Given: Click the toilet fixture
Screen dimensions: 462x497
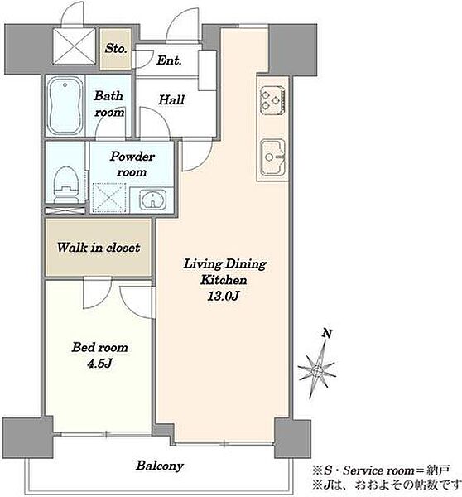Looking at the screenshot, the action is tap(66, 185).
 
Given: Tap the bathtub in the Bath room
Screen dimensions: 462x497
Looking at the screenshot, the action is tap(65, 107).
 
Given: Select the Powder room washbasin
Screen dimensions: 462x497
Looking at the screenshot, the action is tap(152, 200).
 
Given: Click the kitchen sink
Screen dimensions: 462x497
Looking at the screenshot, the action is tap(273, 157).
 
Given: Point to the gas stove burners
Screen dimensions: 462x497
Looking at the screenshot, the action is tap(272, 99).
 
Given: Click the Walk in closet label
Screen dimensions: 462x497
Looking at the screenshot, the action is tap(99, 248).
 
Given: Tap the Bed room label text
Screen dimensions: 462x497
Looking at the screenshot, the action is tap(99, 347).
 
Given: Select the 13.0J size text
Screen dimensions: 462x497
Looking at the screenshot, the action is tap(223, 296).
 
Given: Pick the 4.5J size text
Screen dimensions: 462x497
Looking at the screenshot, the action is tap(100, 364).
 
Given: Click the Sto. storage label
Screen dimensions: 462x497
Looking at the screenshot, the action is tap(116, 48).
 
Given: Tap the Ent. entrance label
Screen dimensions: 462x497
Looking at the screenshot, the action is tap(169, 60).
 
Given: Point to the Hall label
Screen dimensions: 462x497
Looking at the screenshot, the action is tap(171, 100).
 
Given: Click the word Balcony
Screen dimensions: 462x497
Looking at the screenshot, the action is tap(160, 466).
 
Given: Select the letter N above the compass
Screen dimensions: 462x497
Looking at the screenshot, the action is tap(327, 334).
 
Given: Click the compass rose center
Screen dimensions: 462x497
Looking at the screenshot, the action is tap(317, 371).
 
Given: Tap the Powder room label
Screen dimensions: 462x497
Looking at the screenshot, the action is tap(132, 164).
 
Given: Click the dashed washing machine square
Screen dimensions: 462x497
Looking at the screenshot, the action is tap(109, 198).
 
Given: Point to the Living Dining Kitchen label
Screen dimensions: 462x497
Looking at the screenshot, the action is tap(224, 272).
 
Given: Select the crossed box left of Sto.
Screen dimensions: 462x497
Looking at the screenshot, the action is tap(75, 46).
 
